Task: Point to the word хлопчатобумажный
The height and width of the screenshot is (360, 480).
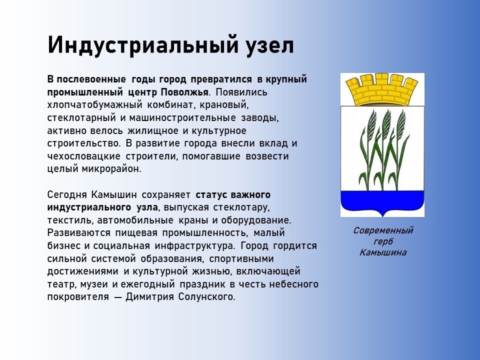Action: point(94,105)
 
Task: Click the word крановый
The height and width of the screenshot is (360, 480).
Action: point(224,105)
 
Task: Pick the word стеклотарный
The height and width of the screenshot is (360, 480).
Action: point(81,118)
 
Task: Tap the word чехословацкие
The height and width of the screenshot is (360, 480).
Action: point(83,156)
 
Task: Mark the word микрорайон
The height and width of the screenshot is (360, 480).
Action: point(111,169)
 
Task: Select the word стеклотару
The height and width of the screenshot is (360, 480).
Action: point(241,207)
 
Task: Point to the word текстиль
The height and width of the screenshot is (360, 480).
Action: point(69,220)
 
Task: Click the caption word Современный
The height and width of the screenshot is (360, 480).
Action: point(383,230)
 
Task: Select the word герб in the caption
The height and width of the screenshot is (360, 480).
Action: point(383,241)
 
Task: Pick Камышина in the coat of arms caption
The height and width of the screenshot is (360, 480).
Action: point(383,252)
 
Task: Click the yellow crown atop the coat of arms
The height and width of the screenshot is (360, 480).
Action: point(382,89)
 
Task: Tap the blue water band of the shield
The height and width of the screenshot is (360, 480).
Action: point(382,201)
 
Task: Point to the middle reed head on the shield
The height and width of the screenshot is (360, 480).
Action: point(386,122)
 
